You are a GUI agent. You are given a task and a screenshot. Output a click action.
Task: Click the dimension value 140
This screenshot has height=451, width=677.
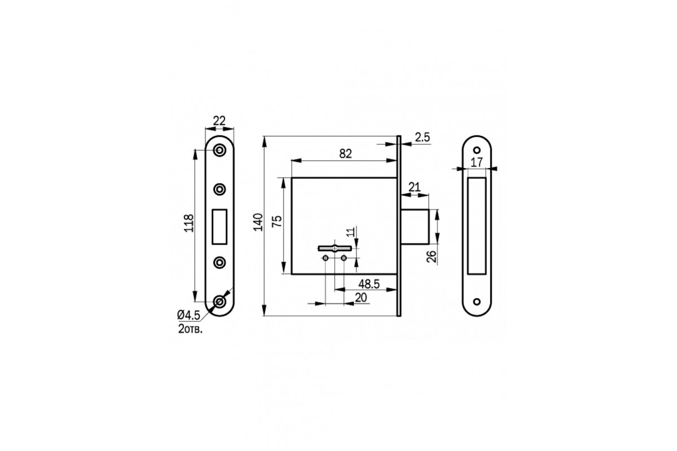(x=258, y=222)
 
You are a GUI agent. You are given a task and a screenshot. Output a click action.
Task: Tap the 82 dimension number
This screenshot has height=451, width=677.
(x=345, y=154)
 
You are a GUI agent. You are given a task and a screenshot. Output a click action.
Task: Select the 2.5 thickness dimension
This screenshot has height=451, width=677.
(x=422, y=138)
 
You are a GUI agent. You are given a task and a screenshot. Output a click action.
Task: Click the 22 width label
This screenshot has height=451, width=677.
(x=219, y=121)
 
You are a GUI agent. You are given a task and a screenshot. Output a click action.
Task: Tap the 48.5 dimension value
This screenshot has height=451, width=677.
(x=369, y=284)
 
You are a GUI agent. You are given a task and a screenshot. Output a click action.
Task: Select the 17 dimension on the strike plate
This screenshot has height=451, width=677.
(x=477, y=162)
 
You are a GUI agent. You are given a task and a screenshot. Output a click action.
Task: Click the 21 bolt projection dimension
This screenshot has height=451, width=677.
(x=414, y=187)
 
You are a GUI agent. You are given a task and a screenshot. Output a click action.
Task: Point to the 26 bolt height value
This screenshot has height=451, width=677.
(x=432, y=257)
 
